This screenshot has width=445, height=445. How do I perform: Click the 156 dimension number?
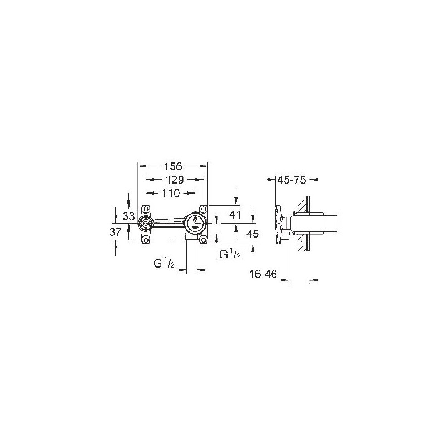(x=173, y=166)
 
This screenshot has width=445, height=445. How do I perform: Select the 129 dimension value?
(x=175, y=179)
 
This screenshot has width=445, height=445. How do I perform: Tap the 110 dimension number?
(x=171, y=193)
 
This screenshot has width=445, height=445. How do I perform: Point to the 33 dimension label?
(x=129, y=216)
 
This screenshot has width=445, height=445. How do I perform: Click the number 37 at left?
(x=115, y=232)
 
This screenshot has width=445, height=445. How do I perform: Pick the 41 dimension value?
(x=235, y=215)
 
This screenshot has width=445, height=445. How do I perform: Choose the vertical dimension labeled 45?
(x=253, y=234)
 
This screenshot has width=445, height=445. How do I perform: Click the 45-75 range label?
(x=291, y=180)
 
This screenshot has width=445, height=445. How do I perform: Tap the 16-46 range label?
(x=263, y=274)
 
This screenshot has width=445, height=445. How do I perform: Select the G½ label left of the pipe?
(x=164, y=264)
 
